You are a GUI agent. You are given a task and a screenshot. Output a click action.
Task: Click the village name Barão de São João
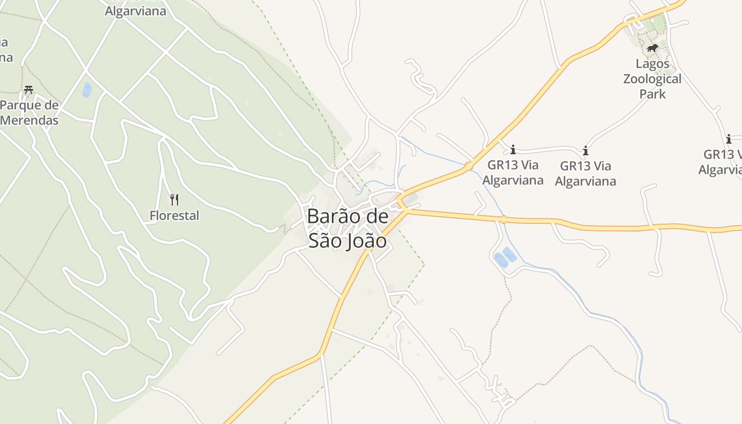pos(347,228)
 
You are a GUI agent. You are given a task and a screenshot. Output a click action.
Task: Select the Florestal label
pos(174,216)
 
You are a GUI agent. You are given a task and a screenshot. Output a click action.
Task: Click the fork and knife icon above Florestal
pos(174,199)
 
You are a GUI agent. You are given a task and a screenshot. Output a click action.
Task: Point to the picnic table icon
pos(29,90)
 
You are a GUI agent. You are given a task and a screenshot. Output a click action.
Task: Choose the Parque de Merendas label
pos(29,112)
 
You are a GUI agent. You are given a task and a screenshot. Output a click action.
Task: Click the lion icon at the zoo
pos(652,48)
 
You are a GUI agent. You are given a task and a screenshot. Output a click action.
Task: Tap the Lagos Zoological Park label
pos(652,79)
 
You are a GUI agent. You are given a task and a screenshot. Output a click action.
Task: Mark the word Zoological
pos(652,79)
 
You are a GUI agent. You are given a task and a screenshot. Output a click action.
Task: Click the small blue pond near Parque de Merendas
pos(87,90)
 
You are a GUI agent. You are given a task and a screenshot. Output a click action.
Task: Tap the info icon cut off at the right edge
pos(729,139)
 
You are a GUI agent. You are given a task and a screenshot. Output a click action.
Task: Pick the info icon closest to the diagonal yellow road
pos(513,149)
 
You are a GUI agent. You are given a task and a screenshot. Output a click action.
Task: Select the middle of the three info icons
pos(586,151)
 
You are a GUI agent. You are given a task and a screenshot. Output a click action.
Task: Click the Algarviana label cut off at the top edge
pos(135,11)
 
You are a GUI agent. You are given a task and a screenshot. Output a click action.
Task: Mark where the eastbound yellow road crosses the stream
pos(502,219)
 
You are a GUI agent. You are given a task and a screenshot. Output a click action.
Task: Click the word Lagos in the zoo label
pos(652,64)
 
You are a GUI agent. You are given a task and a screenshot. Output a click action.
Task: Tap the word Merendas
pos(29,120)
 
